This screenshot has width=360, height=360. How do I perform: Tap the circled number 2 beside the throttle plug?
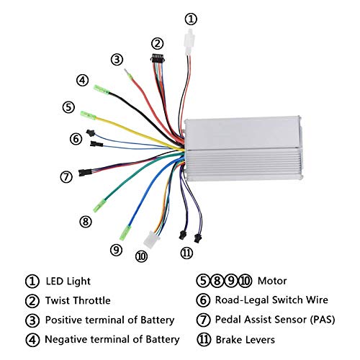[157, 44]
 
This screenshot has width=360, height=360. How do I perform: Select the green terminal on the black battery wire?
[102, 89]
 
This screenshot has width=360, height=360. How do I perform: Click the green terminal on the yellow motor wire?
[88, 115]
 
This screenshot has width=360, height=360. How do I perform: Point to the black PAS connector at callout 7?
[85, 172]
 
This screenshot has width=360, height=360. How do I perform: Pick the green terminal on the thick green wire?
[99, 205]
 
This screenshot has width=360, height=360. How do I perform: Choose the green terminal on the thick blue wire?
[125, 233]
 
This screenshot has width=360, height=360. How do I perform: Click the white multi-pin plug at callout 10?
[150, 240]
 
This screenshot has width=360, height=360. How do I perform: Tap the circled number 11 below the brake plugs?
[186, 253]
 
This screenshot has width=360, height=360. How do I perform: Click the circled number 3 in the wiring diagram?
[117, 59]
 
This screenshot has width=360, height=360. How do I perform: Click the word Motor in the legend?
[272, 281]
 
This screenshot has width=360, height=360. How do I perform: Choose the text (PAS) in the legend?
[323, 320]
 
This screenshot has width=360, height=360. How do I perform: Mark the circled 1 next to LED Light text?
[32, 282]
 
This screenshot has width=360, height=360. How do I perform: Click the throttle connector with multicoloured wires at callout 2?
[158, 58]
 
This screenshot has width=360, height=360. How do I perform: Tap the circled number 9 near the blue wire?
[116, 250]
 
